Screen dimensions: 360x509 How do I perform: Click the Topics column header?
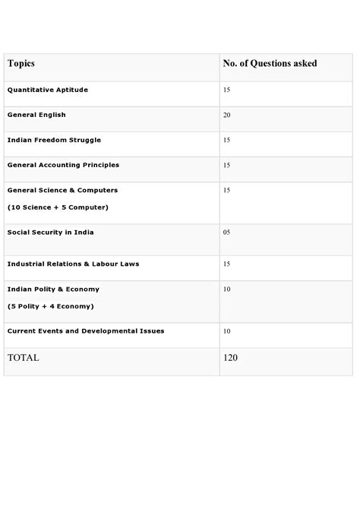point(21,64)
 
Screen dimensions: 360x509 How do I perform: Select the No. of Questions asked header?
point(270,64)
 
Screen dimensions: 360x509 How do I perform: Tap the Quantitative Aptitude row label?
point(47,90)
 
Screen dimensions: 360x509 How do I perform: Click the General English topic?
point(36,115)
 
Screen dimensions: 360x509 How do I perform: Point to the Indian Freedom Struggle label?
point(54,140)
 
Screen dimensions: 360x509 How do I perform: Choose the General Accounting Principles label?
point(63,165)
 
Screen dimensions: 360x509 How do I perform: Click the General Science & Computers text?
point(62,190)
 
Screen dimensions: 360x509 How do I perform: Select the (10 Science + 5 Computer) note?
point(58,207)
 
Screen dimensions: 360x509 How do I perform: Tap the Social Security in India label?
point(50,232)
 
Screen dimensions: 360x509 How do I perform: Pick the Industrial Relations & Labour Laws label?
point(73,264)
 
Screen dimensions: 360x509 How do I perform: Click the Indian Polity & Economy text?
point(53,289)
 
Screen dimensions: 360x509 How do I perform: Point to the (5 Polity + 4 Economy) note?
point(50,306)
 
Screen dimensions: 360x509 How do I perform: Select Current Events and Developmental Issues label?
point(85,331)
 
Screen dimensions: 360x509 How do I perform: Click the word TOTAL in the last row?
point(23,357)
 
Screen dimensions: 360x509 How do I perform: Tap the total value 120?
point(231,357)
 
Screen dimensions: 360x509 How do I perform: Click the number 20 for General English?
point(227,115)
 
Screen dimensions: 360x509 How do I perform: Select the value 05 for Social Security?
point(227,232)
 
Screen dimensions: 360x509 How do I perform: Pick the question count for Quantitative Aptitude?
point(227,90)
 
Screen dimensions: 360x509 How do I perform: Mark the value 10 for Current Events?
point(227,331)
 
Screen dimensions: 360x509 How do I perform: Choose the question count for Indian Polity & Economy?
point(227,289)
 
